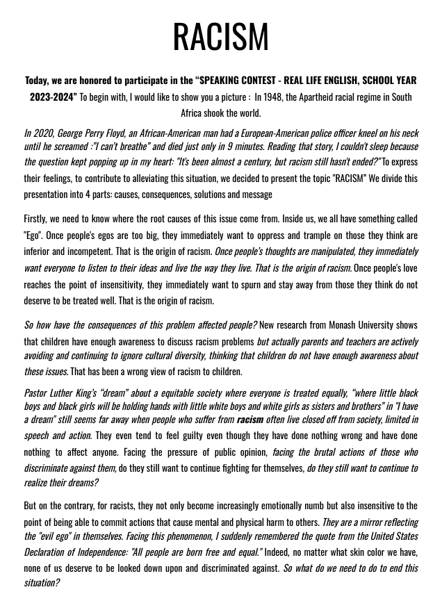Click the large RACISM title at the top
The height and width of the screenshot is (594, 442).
[220, 36]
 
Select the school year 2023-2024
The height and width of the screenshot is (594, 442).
[51, 97]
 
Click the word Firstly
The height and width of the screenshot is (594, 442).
[38, 219]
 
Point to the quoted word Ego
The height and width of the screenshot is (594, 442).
[33, 235]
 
